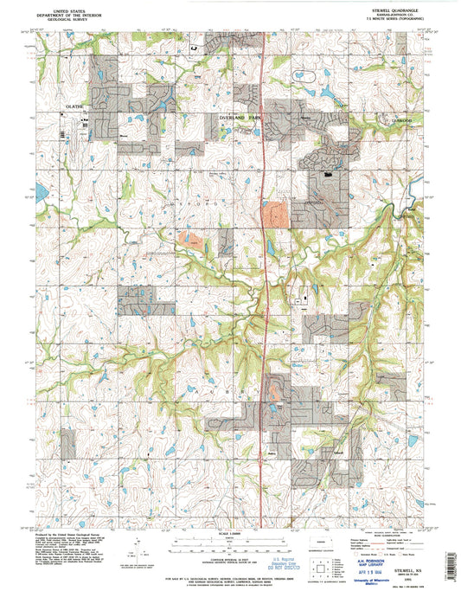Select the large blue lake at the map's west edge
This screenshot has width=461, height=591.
point(40,190)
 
